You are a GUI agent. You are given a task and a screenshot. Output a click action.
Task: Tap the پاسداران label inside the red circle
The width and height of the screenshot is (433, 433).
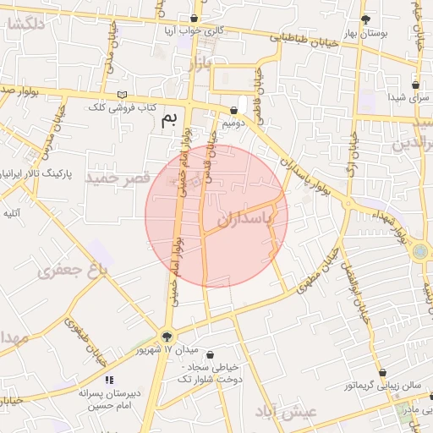pyautogui.click(x=255, y=218)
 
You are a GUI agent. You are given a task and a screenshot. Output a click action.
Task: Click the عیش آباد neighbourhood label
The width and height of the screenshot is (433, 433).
pyautogui.click(x=284, y=412)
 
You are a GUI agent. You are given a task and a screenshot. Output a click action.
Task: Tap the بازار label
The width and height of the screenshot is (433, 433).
pyautogui.click(x=198, y=64)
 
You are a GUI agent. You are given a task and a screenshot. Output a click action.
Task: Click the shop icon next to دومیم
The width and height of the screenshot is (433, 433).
pyautogui.click(x=233, y=111)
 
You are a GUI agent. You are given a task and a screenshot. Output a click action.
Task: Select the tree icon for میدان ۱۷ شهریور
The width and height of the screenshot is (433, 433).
pyautogui.click(x=166, y=335)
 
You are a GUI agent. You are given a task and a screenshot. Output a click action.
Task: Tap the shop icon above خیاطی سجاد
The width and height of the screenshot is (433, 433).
pyautogui.click(x=210, y=355)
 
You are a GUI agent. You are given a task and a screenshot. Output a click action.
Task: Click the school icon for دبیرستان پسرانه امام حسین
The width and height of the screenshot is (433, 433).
pyautogui.click(x=109, y=381)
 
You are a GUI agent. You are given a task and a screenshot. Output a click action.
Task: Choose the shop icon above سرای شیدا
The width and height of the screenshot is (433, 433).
pyautogui.click(x=415, y=85)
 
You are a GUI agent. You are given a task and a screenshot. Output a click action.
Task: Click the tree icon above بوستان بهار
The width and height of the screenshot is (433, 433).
pyautogui.click(x=365, y=19)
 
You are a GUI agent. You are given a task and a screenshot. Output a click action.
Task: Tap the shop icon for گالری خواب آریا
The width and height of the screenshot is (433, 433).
pyautogui.click(x=195, y=18)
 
